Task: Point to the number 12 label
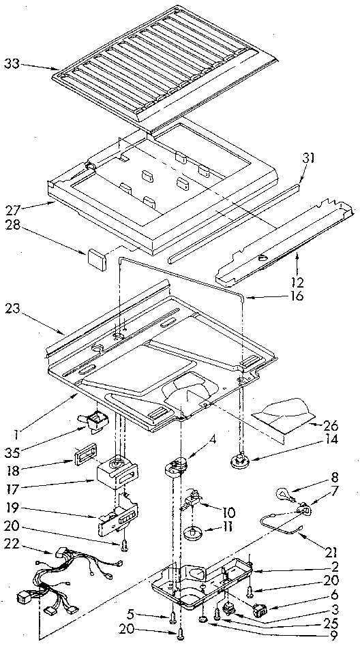pos(299,281)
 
